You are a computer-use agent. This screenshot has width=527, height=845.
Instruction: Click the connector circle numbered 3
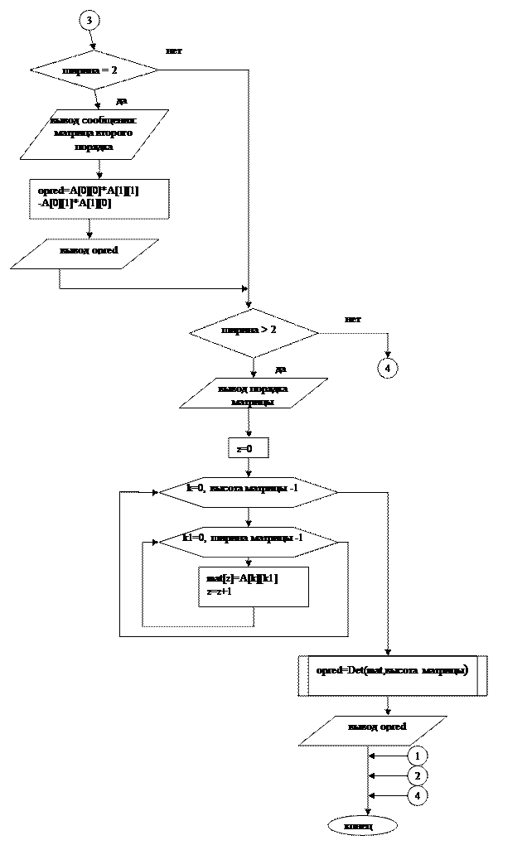[89, 21]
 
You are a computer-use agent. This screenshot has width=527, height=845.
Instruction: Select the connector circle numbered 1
[418, 756]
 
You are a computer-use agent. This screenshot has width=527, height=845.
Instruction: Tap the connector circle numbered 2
[418, 775]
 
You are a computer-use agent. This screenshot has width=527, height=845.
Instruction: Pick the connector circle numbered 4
[418, 795]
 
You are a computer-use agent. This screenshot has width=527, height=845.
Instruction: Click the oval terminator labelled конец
[362, 826]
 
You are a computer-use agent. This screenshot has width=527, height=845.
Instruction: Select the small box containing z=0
[248, 448]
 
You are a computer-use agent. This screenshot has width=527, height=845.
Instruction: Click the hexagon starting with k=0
[248, 492]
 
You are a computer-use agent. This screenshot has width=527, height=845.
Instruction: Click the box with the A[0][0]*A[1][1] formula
[99, 199]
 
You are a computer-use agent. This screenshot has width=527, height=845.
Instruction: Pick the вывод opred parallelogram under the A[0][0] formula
[85, 254]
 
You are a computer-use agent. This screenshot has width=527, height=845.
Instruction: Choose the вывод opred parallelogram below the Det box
[373, 731]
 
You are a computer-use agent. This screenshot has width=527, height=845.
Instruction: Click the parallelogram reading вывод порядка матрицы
[254, 394]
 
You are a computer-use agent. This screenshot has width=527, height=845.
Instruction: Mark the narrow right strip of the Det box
[481, 675]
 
